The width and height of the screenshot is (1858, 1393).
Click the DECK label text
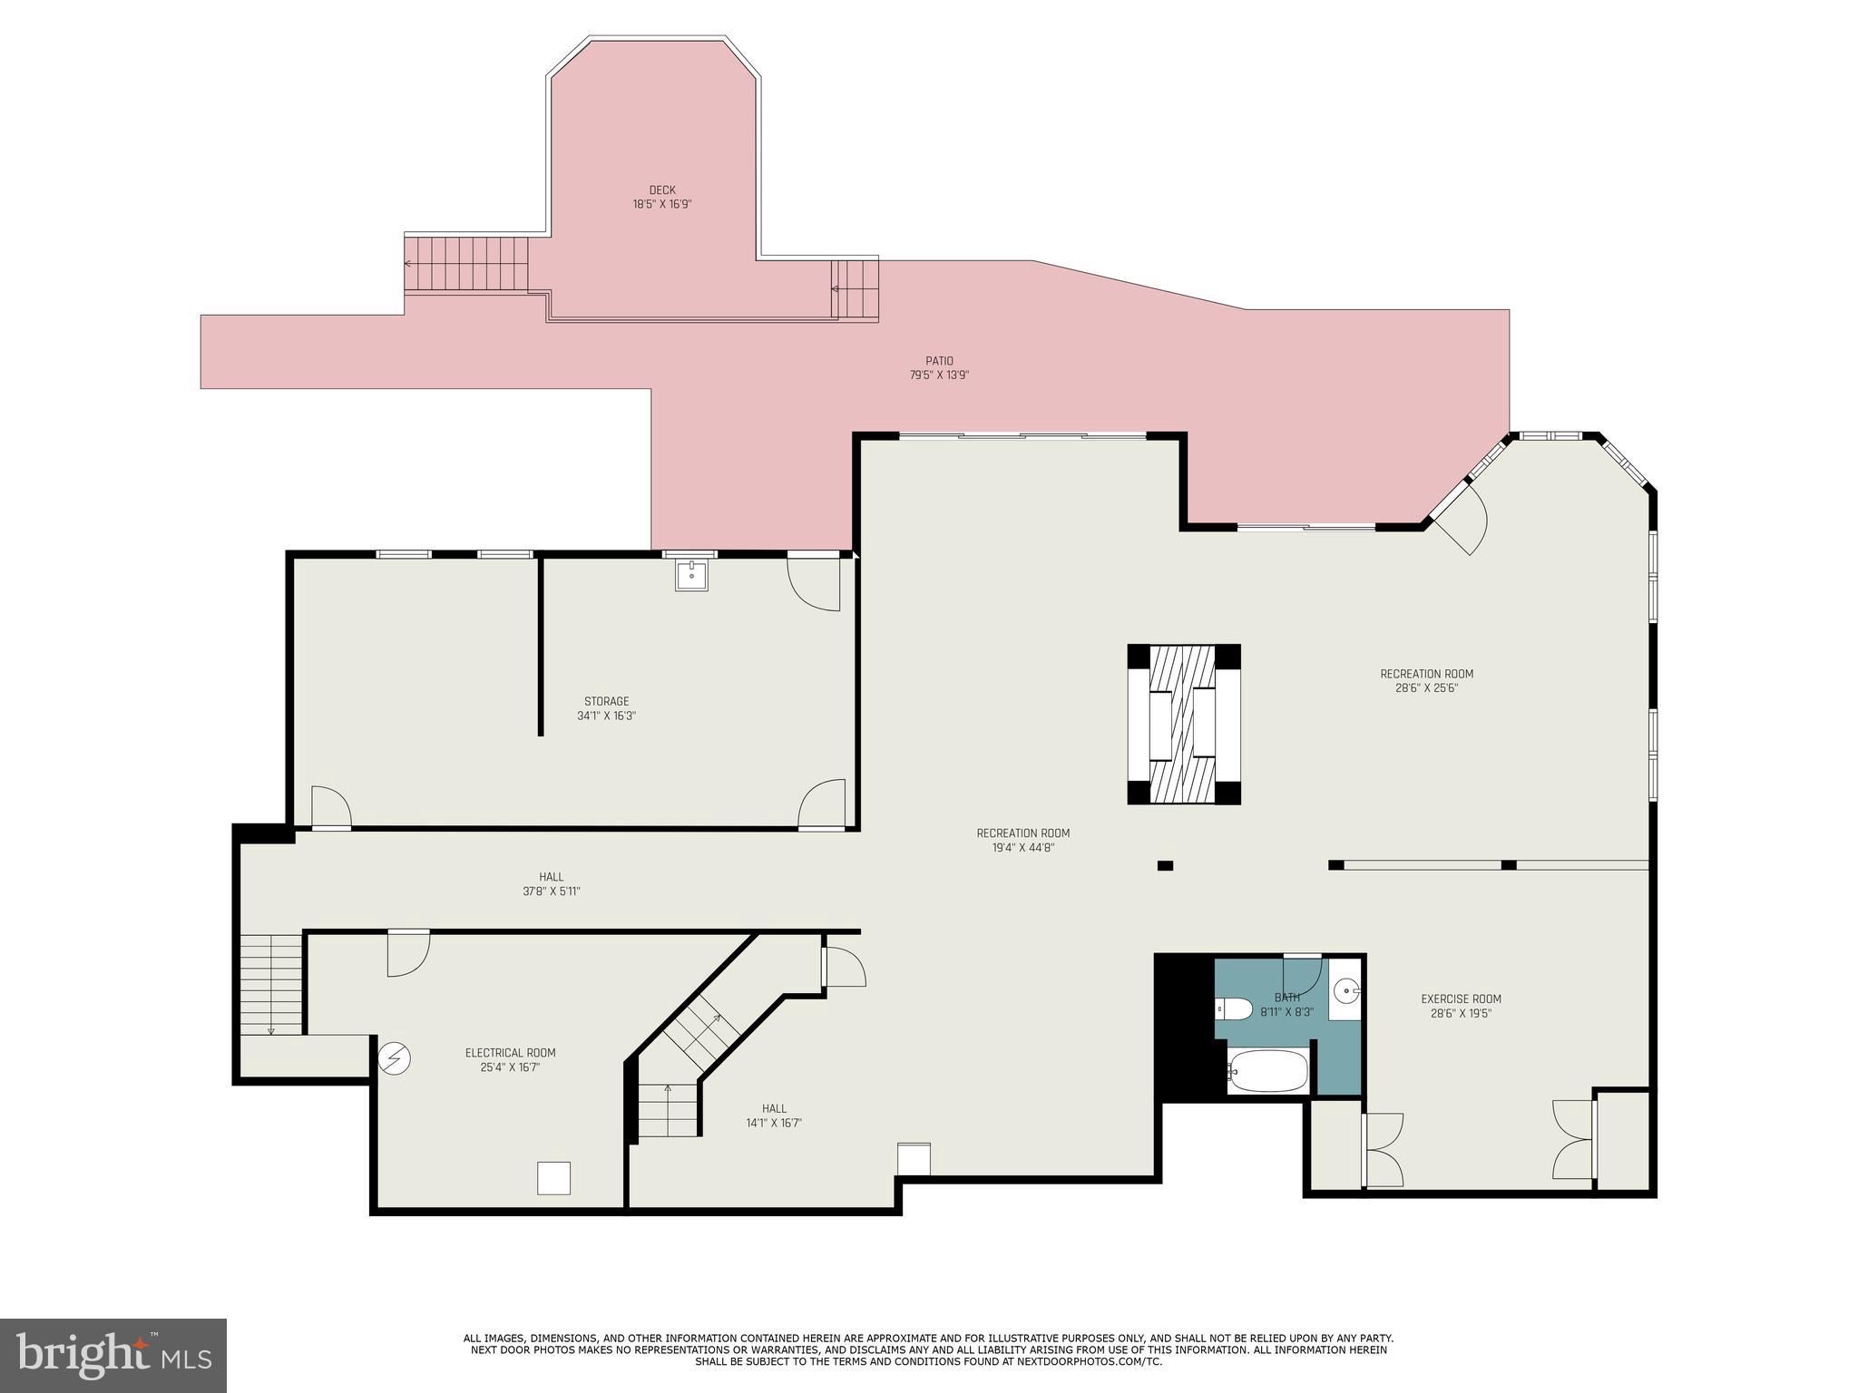coord(661,190)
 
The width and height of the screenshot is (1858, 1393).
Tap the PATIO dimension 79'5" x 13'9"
coord(939,375)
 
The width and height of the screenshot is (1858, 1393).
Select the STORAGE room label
coord(606,701)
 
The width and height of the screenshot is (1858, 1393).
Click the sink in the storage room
coord(691,576)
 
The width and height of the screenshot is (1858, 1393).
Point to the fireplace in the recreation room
coord(1183,724)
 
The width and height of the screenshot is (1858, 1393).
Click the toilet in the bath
coord(1232,1008)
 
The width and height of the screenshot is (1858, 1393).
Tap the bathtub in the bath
coord(1267,1072)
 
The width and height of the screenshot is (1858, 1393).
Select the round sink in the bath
coord(1346,989)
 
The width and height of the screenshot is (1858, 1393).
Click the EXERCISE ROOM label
coord(1454,999)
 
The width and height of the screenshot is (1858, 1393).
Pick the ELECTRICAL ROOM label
coord(510,1053)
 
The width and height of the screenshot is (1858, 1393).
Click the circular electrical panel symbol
coord(396,1058)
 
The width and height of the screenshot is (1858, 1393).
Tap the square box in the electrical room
coord(553,1178)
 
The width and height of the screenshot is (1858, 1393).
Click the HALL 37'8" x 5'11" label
coord(551,884)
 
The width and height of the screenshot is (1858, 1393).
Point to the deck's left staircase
coord(466,264)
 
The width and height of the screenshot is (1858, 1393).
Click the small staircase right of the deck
coord(855,289)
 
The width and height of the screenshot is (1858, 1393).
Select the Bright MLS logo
coord(112,1355)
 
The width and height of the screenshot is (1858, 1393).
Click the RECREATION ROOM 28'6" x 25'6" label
coord(1426,680)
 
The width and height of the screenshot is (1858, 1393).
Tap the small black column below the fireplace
coord(1165,866)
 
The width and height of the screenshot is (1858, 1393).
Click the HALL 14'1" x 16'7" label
coord(774,1115)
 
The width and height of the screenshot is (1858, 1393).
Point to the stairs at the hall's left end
coord(271,984)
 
